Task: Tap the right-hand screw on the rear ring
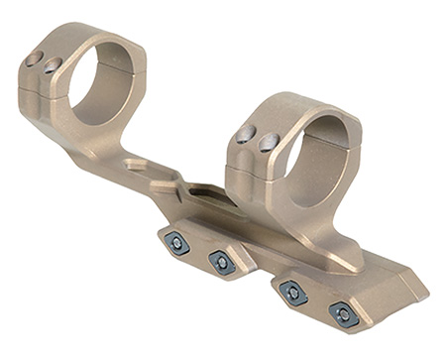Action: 53,65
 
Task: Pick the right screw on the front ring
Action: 267,144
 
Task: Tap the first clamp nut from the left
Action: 177,241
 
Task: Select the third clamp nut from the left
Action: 292,291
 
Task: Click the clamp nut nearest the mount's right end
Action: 344,315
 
